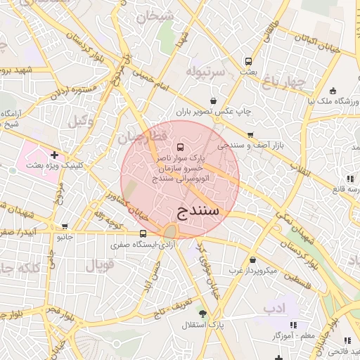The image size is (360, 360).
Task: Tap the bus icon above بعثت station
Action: point(247,60)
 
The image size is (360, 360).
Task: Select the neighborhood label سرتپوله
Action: point(206,72)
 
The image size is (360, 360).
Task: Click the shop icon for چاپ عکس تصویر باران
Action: point(212,101)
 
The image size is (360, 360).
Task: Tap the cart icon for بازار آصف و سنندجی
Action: point(250,134)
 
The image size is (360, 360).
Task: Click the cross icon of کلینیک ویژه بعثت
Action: point(54,154)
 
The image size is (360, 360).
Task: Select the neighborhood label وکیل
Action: point(82,121)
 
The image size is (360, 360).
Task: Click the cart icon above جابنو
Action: point(65,226)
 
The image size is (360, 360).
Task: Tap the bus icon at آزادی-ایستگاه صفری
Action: point(143,234)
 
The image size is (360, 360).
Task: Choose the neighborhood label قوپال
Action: point(98,266)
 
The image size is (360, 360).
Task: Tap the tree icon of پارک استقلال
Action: point(203,314)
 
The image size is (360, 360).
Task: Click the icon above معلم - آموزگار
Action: point(292,326)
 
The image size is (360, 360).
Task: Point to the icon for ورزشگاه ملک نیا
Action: point(333,91)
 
